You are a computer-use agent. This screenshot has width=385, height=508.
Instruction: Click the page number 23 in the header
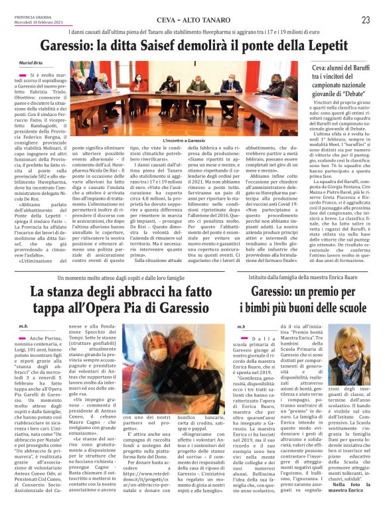365,20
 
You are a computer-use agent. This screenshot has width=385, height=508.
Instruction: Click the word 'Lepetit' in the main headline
324,48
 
